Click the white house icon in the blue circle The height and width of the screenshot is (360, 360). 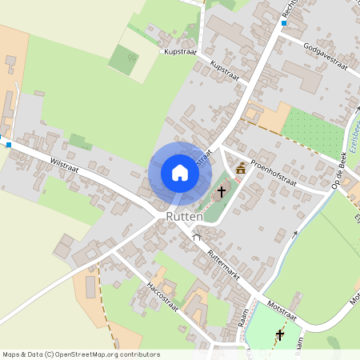[180, 173]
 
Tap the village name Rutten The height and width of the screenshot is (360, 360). [185, 217]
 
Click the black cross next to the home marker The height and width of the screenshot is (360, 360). [222, 192]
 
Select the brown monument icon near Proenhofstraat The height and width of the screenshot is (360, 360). [242, 168]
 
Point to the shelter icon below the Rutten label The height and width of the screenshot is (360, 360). [197, 237]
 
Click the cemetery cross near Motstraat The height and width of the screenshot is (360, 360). [280, 334]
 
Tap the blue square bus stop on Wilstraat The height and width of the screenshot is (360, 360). [8, 145]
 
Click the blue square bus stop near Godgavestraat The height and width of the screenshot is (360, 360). [283, 23]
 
